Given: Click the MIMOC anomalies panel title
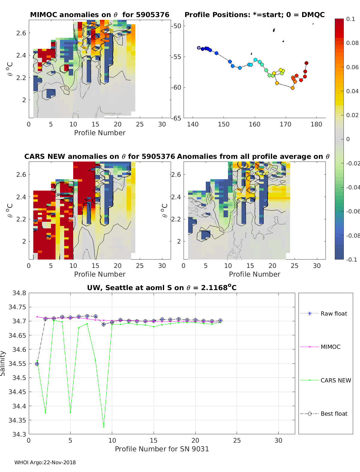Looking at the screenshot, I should [100, 15].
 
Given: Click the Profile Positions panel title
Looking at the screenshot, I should [254, 15].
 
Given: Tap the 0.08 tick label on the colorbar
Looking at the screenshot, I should [352, 43].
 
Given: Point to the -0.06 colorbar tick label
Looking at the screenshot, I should [353, 211].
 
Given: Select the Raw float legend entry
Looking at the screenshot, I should [334, 313].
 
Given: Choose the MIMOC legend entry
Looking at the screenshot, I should [330, 347].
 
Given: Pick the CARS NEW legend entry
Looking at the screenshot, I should [336, 380].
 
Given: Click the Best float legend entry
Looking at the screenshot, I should [334, 414].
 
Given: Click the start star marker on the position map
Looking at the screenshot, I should [199, 48].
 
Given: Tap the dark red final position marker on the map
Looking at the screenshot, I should [306, 63].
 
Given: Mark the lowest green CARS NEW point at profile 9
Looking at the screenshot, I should [104, 426].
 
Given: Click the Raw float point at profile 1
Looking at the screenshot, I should [37, 364].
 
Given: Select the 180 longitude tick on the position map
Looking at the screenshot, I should [316, 124].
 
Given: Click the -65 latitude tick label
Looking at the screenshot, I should [176, 118].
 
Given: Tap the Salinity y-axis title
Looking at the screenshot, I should [3, 363].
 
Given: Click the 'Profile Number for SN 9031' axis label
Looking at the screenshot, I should [162, 449].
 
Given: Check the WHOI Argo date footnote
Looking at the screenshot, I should [45, 462].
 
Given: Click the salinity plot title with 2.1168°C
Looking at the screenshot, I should [162, 288].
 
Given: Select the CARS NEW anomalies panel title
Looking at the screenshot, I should [100, 156].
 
